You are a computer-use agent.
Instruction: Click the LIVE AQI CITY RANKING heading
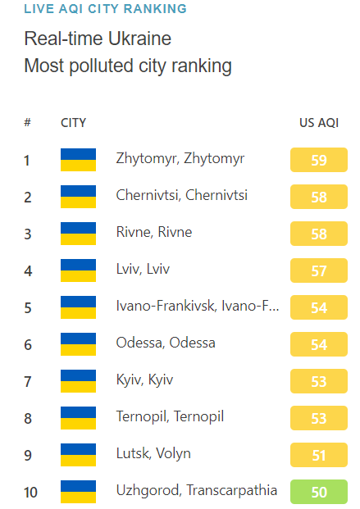pos(105,9)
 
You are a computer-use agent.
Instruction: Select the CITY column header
pos(74,123)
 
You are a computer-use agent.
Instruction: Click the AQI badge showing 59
pos(319,160)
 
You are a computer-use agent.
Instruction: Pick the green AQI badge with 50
pos(319,492)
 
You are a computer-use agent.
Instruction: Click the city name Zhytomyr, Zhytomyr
pos(180,158)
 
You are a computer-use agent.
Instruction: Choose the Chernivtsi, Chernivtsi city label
pos(182,195)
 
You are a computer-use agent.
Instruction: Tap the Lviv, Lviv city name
pos(144,269)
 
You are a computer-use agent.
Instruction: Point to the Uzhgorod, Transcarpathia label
pos(197,490)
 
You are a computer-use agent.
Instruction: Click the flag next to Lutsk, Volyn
pos(79,454)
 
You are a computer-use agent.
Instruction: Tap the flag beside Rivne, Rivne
pos(79,233)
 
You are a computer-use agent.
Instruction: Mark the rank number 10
pos(30,492)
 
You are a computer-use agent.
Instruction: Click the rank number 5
pos(28,307)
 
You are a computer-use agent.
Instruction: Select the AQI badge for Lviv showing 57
pos(319,270)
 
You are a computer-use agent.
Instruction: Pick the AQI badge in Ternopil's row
pos(319,418)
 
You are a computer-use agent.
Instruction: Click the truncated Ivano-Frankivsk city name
pos(198,306)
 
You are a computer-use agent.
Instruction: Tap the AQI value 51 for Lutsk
pos(319,455)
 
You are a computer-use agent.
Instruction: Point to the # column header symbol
pos(28,123)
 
